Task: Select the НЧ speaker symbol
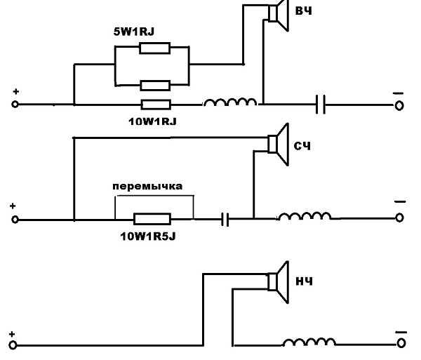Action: pos(278,280)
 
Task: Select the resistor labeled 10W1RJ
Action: pos(154,105)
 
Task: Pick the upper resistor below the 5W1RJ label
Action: pos(154,48)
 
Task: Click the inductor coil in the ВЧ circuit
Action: pos(229,103)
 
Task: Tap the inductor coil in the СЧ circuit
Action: pos(304,217)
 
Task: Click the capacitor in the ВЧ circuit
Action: pos(321,105)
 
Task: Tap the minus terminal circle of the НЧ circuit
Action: pos(400,344)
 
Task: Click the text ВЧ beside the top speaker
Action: pos(304,12)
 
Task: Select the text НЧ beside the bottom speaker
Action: pos(304,281)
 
